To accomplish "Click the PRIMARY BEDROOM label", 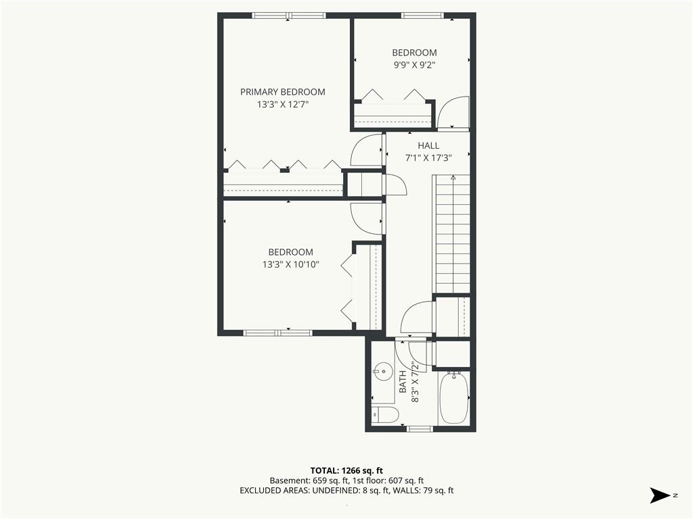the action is pyautogui.click(x=282, y=92).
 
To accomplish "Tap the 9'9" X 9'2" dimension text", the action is pyautogui.click(x=415, y=65).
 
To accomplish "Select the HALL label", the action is pyautogui.click(x=428, y=146).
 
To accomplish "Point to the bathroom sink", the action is pyautogui.click(x=383, y=371).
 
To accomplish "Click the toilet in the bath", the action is pyautogui.click(x=385, y=415).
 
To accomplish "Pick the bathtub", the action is pyautogui.click(x=453, y=397).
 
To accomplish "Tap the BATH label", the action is pyautogui.click(x=403, y=382).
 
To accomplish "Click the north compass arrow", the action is pyautogui.click(x=661, y=495).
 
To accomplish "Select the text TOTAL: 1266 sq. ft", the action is pyautogui.click(x=346, y=470).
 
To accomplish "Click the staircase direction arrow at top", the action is pyautogui.click(x=453, y=178).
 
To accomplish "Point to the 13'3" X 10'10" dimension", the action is pyautogui.click(x=290, y=265).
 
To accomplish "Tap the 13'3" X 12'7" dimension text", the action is pyautogui.click(x=282, y=105).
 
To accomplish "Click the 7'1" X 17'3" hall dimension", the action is pyautogui.click(x=428, y=158).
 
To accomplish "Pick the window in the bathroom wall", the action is pyautogui.click(x=420, y=429).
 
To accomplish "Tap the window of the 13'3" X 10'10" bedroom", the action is pyautogui.click(x=278, y=332).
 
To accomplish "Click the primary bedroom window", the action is pyautogui.click(x=289, y=16).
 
